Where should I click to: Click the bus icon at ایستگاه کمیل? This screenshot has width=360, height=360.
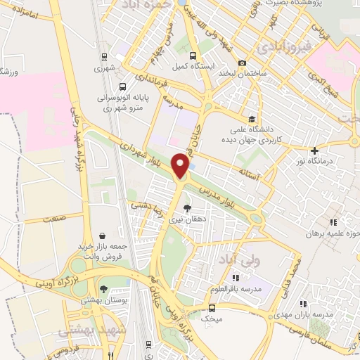(193, 56)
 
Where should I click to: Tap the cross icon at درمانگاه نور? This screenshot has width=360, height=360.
(314, 150)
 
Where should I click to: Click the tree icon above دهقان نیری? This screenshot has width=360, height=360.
(186, 207)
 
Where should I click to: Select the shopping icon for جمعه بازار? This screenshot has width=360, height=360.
(103, 236)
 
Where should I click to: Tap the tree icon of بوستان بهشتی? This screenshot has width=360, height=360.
(103, 288)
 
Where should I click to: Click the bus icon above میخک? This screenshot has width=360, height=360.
(212, 307)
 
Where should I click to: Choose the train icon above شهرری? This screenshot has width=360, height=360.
(103, 57)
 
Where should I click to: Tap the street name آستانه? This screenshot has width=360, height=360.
(250, 171)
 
